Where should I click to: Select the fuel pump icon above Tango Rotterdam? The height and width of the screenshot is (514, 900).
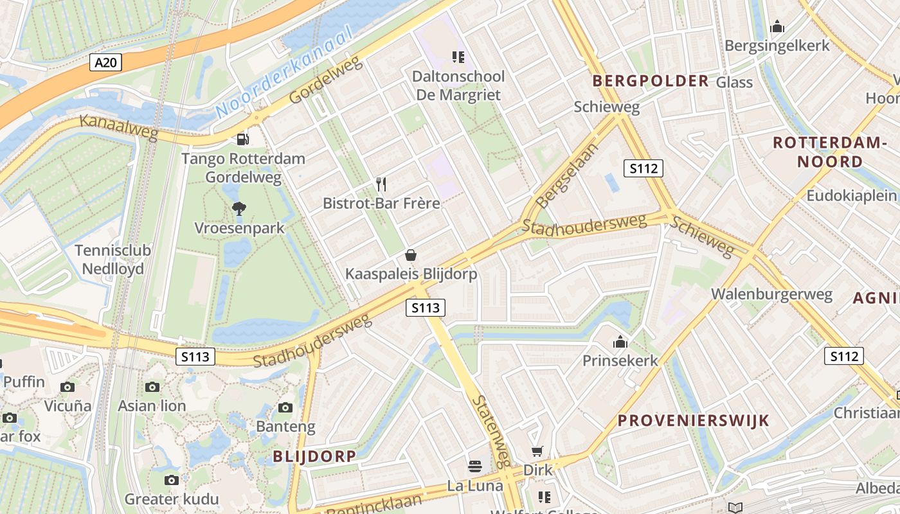pos(242,139)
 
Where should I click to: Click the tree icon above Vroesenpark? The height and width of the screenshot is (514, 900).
pos(239,208)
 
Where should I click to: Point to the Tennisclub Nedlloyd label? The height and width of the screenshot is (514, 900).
pos(113,259)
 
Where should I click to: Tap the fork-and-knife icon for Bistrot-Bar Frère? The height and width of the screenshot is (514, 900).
pos(381,185)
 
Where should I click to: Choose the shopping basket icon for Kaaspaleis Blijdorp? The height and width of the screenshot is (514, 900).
pos(411,255)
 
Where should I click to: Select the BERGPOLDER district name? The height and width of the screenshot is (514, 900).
pos(651,81)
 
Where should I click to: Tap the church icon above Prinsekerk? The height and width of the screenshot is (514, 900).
pos(620,342)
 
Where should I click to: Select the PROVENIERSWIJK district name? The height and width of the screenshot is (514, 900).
pos(693,421)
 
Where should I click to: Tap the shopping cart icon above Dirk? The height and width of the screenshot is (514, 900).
pos(537,452)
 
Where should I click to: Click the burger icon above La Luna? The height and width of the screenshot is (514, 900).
pos(475,466)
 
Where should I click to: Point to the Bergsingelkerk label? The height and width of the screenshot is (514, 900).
pos(777,46)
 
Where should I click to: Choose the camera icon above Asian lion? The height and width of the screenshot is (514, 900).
pos(152,387)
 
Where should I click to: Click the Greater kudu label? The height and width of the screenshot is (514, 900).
pos(172,499)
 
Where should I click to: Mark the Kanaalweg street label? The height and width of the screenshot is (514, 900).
pos(119,127)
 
